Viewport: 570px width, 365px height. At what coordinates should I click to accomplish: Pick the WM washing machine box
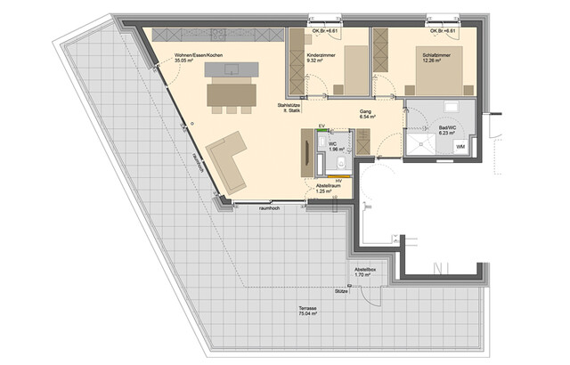(x=460, y=145)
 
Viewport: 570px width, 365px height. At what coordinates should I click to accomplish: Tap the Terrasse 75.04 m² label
(x=308, y=311)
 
